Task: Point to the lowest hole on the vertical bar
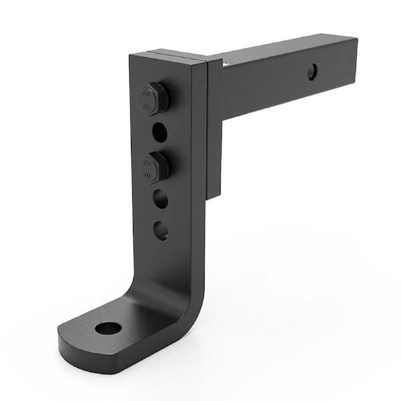pyautogui.click(x=160, y=231)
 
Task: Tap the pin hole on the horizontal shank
pyautogui.click(x=312, y=72)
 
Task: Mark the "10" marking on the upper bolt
pyautogui.click(x=144, y=105)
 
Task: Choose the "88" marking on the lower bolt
pyautogui.click(x=146, y=160)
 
